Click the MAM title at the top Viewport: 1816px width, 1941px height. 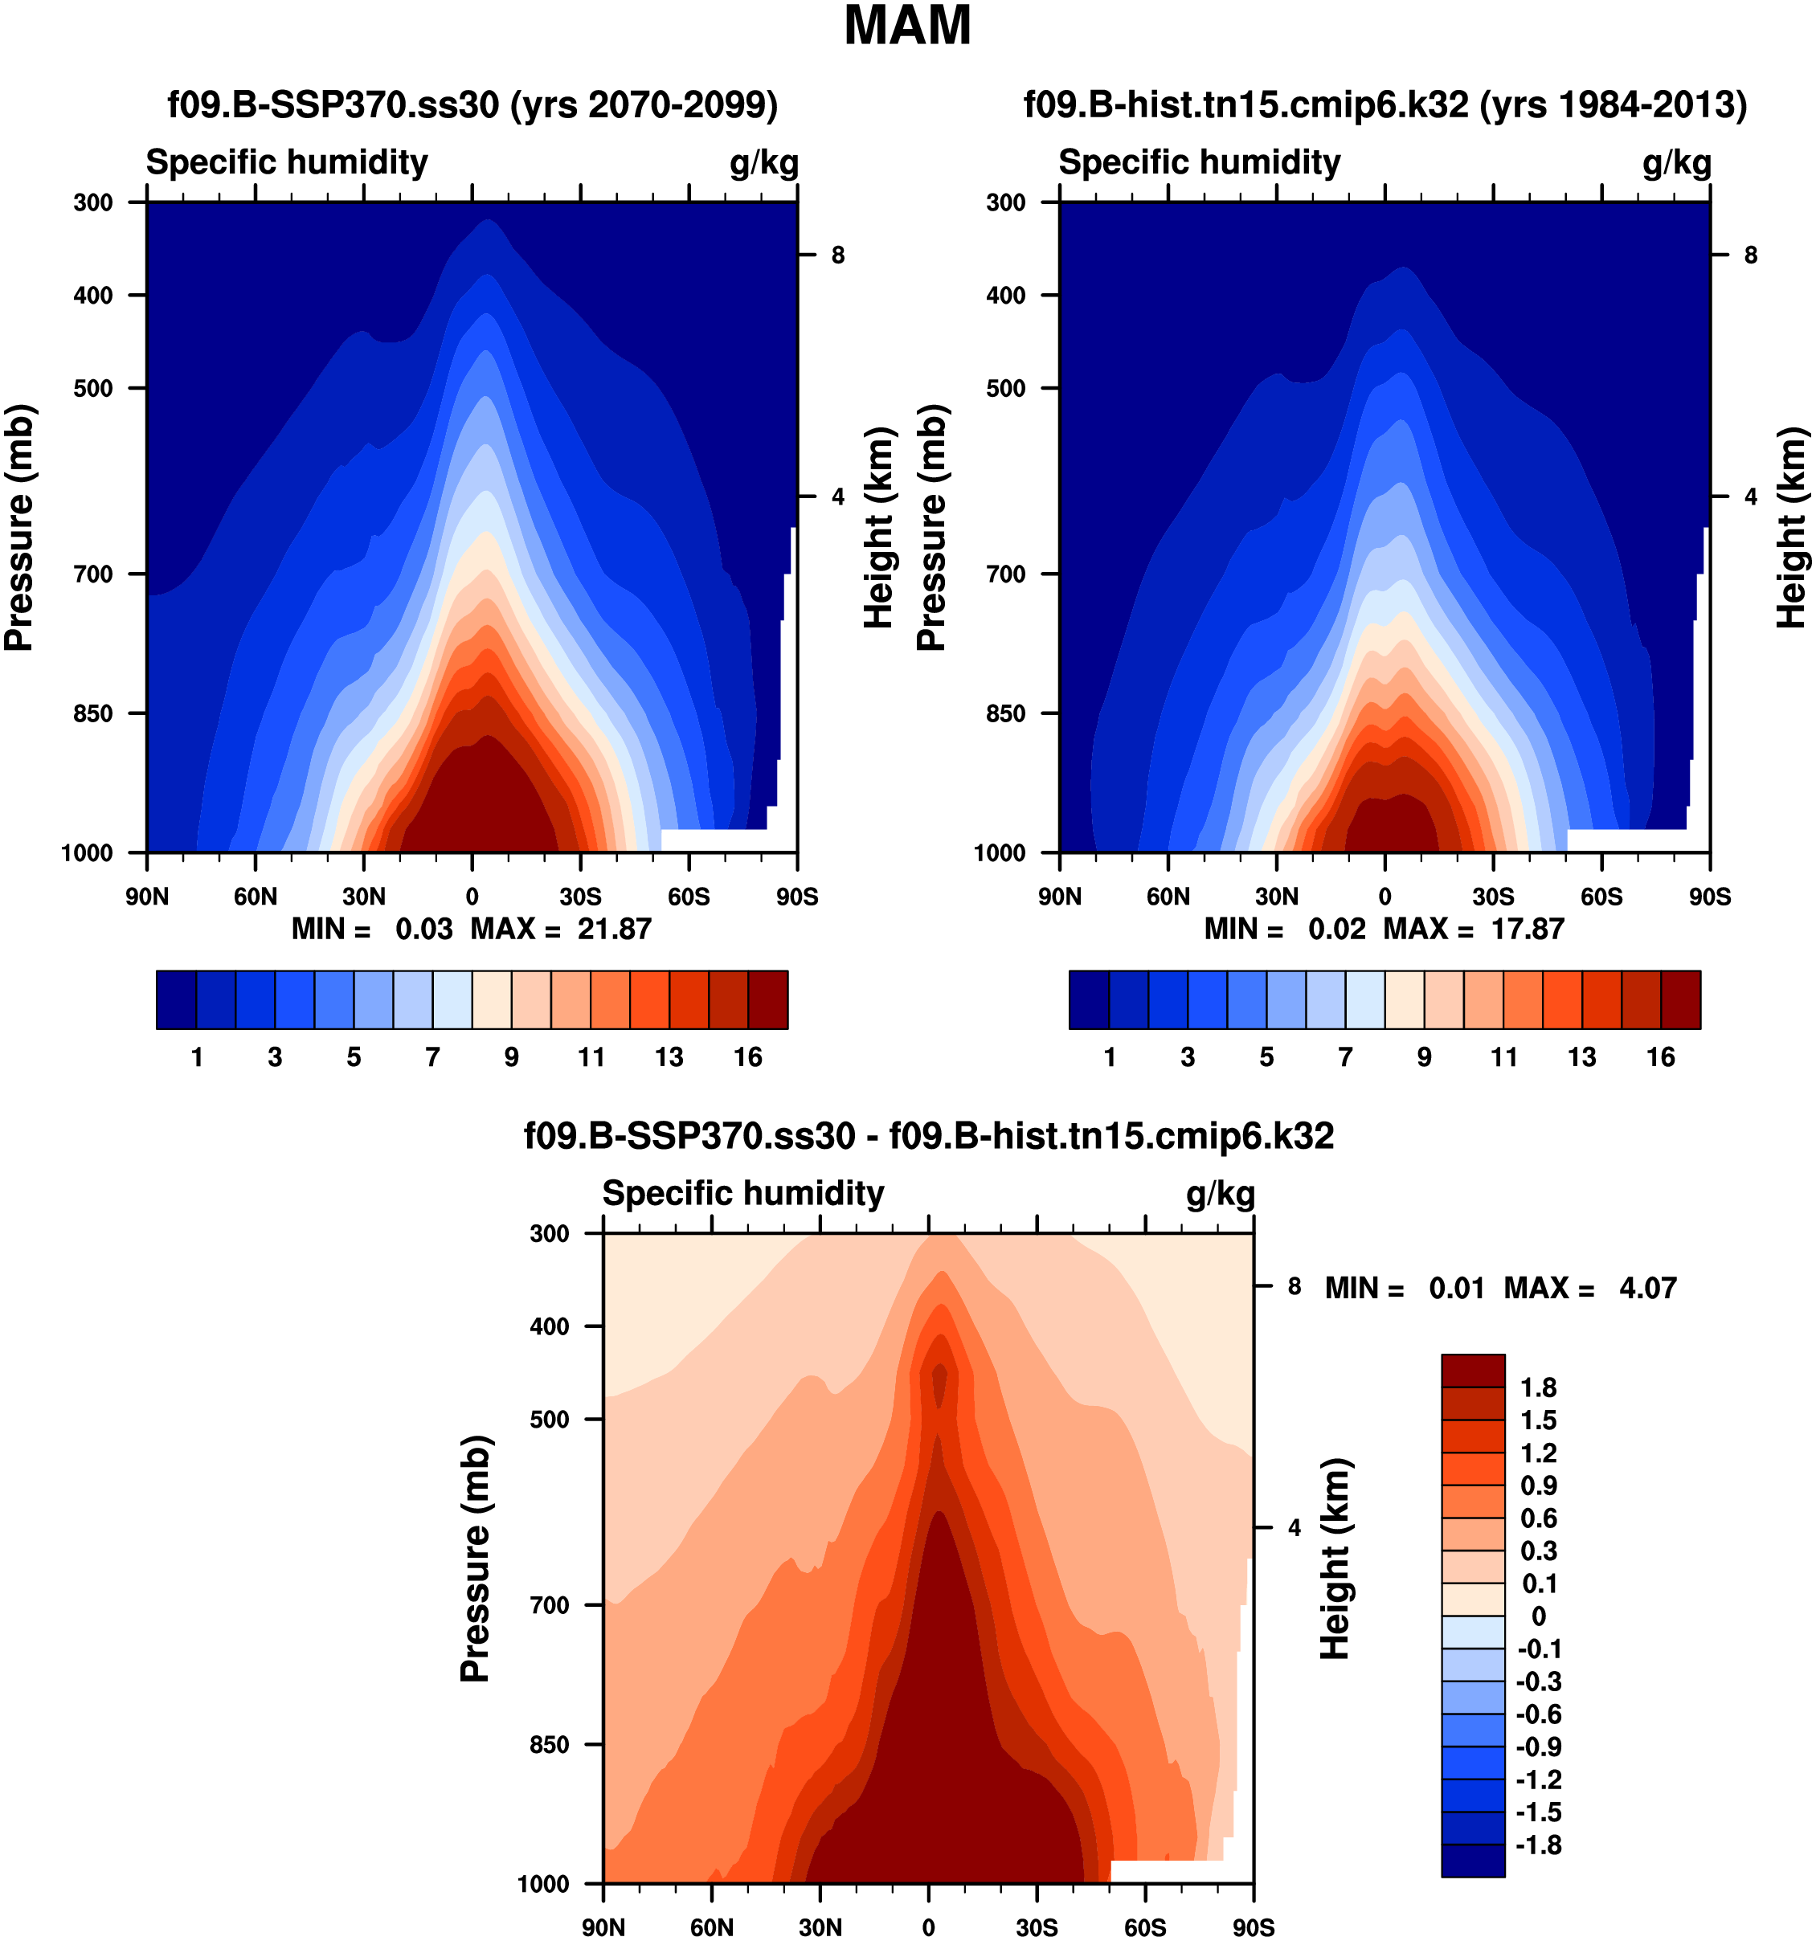907,27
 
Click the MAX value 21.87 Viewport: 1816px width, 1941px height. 613,929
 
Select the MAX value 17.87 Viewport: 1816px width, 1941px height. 1527,929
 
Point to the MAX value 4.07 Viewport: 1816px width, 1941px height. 1647,1288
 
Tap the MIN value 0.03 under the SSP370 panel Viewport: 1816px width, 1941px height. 423,929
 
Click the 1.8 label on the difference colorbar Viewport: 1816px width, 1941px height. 1538,1387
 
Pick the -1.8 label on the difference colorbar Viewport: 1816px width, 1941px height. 1538,1845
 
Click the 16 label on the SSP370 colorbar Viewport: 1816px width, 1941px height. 748,1056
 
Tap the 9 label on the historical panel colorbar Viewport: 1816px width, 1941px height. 1425,1056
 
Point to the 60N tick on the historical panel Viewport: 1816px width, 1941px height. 1168,897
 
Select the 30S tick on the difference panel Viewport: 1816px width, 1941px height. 1036,1927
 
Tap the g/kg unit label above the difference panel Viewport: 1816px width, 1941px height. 1221,1193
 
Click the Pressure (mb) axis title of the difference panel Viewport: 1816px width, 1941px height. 475,1559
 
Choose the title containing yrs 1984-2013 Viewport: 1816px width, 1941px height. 1384,104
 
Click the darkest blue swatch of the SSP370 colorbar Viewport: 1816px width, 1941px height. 176,999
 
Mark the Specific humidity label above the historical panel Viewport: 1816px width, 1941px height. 1199,162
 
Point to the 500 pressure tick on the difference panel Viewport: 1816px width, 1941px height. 549,1419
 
